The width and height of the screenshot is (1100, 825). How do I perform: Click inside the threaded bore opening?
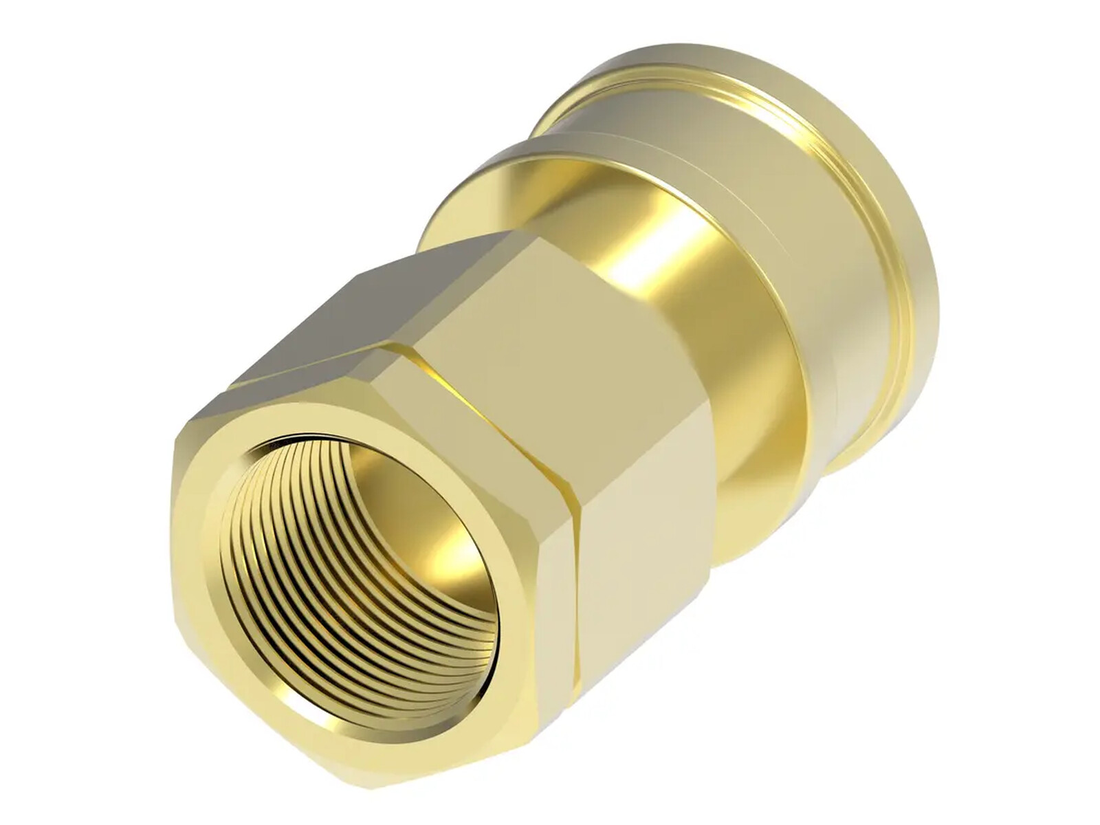pyautogui.click(x=357, y=550)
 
